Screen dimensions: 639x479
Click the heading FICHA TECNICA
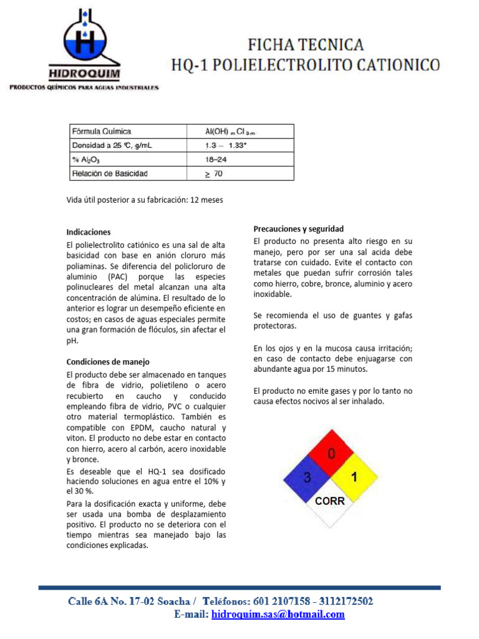tap(306, 45)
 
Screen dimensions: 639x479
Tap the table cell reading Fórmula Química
tap(102, 132)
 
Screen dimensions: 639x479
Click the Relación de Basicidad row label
tap(110, 173)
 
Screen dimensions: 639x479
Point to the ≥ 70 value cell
tap(214, 173)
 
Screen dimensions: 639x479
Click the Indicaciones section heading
tap(89, 232)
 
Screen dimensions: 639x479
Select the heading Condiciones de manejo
tap(108, 361)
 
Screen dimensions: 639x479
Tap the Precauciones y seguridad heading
tap(298, 228)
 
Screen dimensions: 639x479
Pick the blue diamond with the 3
tap(307, 478)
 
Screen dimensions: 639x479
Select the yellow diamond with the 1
tap(354, 478)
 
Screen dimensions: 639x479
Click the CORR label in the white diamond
tap(330, 500)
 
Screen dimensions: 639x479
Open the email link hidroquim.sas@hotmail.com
tap(278, 615)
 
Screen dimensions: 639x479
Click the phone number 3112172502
tap(346, 601)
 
